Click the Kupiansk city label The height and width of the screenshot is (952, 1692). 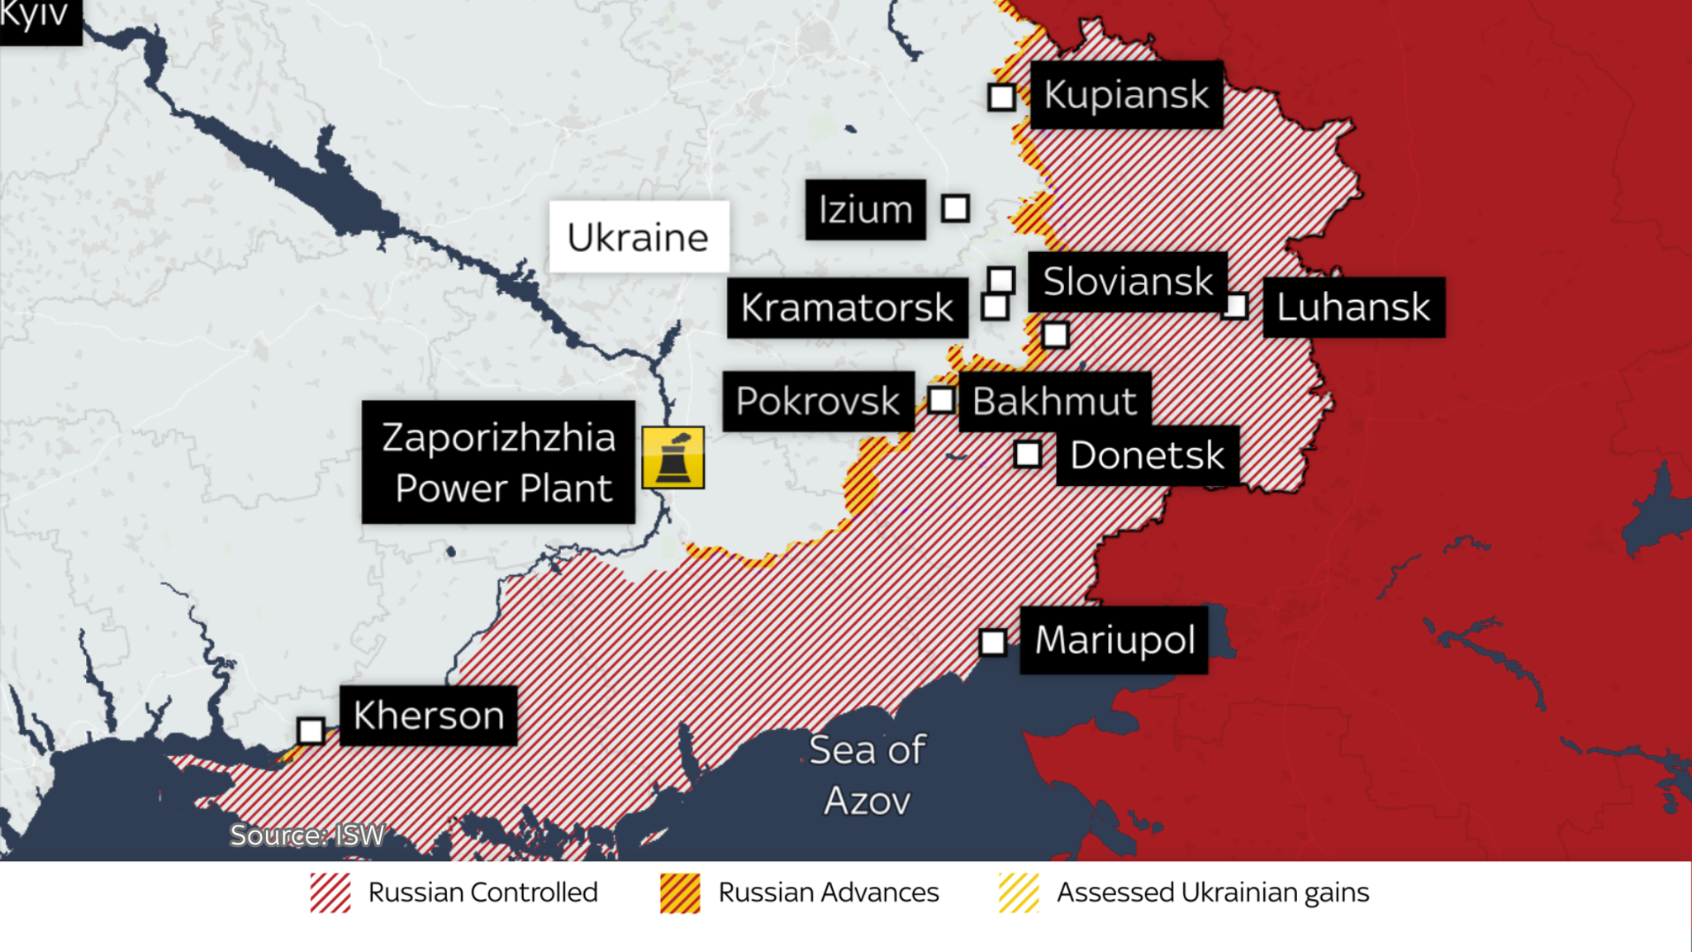1126,94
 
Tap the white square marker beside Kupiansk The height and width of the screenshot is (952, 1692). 1001,97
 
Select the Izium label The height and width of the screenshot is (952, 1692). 865,209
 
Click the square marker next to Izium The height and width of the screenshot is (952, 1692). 955,208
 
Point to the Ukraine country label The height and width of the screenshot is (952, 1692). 639,237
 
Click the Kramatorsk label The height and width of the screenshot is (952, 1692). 847,307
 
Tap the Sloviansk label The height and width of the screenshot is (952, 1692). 1127,282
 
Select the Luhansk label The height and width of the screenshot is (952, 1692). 1353,307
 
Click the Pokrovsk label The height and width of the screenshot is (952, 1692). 818,401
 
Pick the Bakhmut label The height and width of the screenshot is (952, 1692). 1054,402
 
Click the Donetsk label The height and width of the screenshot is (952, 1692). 1147,455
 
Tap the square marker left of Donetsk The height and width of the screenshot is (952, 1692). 1028,455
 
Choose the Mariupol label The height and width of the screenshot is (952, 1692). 1114,640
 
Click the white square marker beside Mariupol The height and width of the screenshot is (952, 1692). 993,642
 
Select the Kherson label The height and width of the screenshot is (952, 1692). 428,716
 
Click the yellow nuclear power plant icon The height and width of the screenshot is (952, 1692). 673,457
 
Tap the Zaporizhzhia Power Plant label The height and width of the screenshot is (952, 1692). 498,462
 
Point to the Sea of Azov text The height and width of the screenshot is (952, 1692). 867,774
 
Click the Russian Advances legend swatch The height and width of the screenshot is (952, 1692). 680,893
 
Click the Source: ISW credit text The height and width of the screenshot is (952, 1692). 307,835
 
